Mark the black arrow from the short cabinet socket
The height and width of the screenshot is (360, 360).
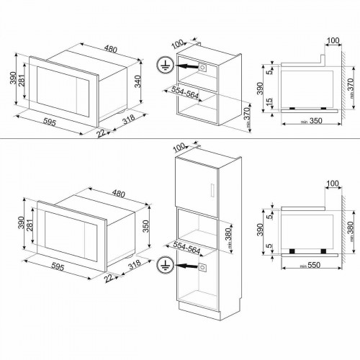point(186,65)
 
